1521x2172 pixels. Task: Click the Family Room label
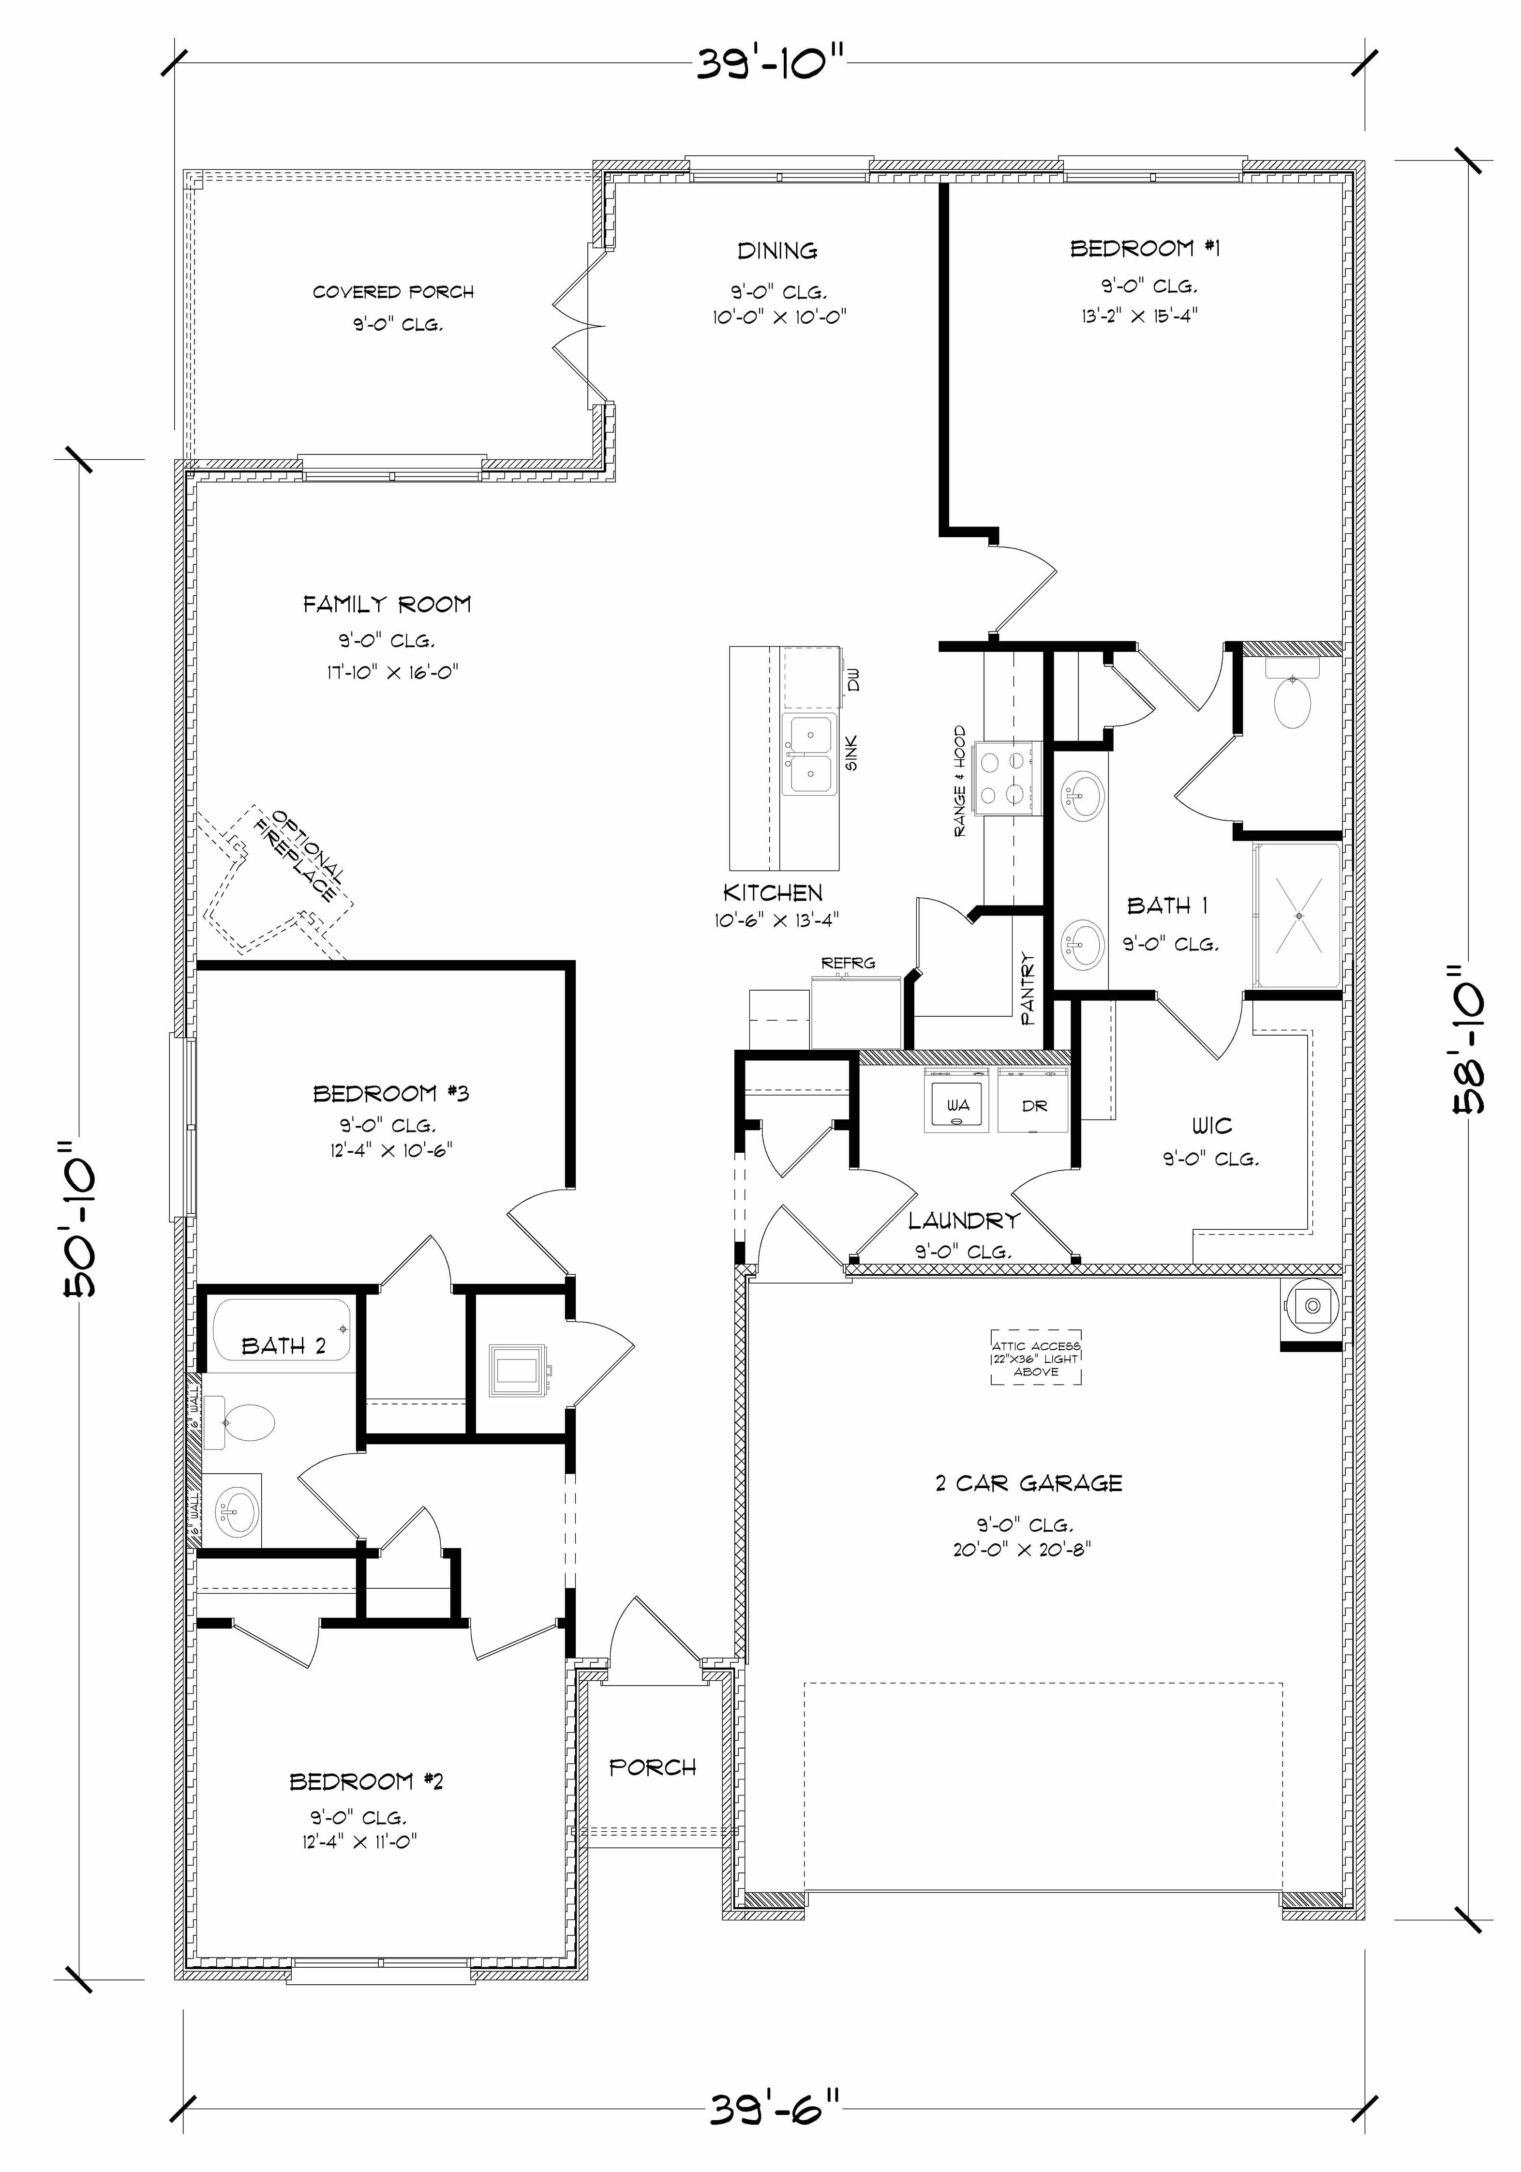coord(387,603)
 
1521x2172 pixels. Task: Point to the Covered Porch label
coord(393,292)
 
